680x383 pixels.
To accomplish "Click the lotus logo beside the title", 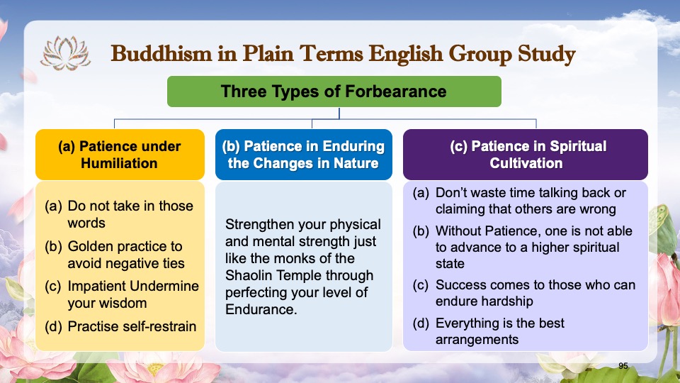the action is (x=65, y=53).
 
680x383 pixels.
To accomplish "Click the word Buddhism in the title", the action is (x=161, y=54).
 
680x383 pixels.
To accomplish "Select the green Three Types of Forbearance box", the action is (x=334, y=91).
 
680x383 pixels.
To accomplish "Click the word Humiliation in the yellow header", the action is (x=119, y=163).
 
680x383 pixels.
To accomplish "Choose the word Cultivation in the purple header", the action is (x=526, y=163).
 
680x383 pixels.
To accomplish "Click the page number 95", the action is (x=623, y=366).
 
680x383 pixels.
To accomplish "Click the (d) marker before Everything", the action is (x=421, y=323).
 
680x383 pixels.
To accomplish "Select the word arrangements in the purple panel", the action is (x=477, y=340).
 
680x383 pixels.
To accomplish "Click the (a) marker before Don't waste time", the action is (x=421, y=193).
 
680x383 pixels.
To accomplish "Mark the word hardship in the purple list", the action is (x=506, y=301).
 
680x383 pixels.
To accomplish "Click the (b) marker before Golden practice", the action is (x=53, y=246).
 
